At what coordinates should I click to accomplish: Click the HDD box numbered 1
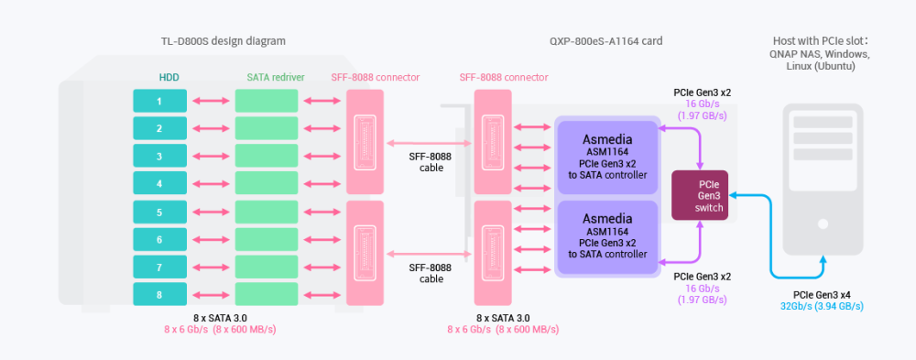click(x=159, y=101)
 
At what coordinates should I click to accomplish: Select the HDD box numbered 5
click(x=159, y=213)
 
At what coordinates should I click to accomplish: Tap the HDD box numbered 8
click(x=159, y=294)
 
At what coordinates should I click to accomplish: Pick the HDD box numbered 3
click(x=159, y=156)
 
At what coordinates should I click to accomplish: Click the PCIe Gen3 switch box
click(x=700, y=195)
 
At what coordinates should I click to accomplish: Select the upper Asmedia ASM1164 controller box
click(x=607, y=158)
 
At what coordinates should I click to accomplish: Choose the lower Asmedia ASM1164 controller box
click(x=607, y=237)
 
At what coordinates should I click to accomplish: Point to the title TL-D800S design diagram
click(x=224, y=41)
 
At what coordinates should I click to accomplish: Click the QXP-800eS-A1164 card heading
click(x=605, y=41)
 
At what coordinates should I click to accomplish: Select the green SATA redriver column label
click(x=272, y=77)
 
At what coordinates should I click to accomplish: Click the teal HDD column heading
click(x=169, y=77)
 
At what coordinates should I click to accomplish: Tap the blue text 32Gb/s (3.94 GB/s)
click(x=822, y=306)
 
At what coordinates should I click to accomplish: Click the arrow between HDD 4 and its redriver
click(x=211, y=183)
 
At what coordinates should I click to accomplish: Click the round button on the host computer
click(x=823, y=224)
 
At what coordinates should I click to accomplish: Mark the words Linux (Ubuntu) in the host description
click(x=821, y=66)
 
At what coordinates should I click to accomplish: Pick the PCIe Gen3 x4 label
click(x=822, y=295)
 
